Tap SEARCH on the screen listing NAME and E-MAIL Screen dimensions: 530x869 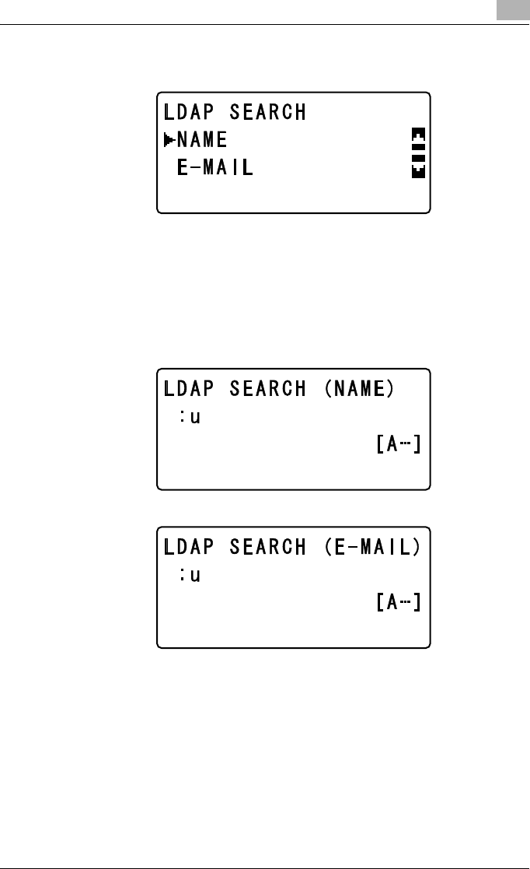(x=267, y=113)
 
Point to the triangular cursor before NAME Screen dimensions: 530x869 (x=169, y=141)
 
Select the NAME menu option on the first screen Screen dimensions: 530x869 (x=202, y=141)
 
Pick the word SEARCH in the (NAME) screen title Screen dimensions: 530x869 (x=267, y=389)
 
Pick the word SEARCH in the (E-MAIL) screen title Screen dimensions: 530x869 (x=267, y=547)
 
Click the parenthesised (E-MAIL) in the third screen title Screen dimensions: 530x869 (x=371, y=547)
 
